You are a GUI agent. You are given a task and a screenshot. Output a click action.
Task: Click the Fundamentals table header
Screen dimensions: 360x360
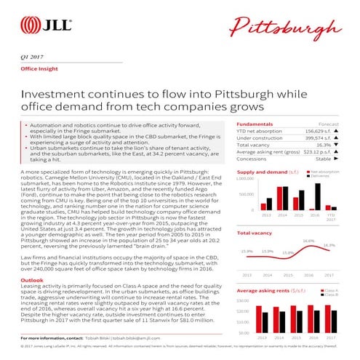tap(255, 124)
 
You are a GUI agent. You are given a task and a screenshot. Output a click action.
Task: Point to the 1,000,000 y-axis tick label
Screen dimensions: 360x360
tap(244, 178)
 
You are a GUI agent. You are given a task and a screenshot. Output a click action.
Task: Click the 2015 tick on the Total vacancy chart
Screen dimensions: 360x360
tap(288, 276)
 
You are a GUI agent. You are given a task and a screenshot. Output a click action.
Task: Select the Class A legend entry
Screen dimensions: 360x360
tap(327, 290)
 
